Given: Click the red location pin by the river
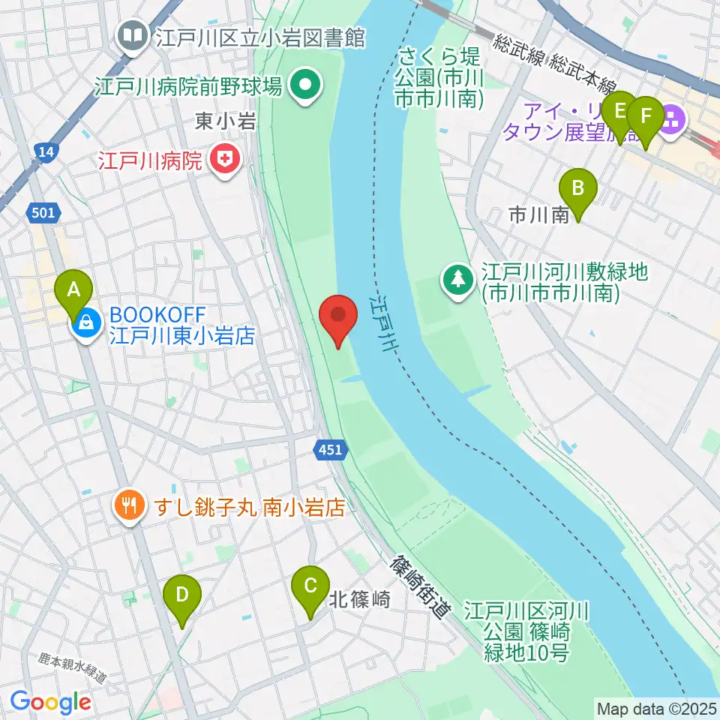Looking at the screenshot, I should [338, 319].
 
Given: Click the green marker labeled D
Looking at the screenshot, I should [181, 598].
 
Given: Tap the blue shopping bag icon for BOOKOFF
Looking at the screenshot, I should [86, 324].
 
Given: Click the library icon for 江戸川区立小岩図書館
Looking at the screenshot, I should [132, 36].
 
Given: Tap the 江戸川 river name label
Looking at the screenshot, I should [383, 323].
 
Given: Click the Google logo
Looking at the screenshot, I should [50, 702].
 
